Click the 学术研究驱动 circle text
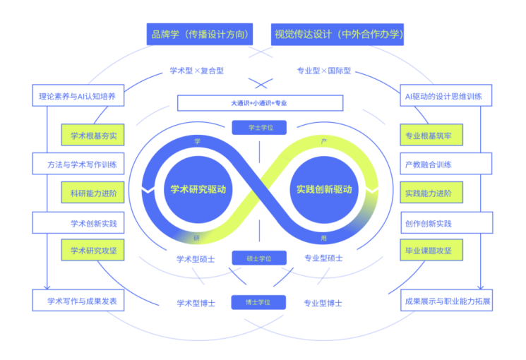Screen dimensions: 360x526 pyautogui.click(x=198, y=189)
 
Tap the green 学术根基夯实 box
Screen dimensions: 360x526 pyautogui.click(x=93, y=136)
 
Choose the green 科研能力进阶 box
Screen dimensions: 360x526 pyautogui.click(x=93, y=193)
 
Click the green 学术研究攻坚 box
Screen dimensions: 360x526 pyautogui.click(x=93, y=250)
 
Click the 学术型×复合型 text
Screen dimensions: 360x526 pyautogui.click(x=197, y=71)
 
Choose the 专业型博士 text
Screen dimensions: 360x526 pyautogui.click(x=323, y=303)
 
